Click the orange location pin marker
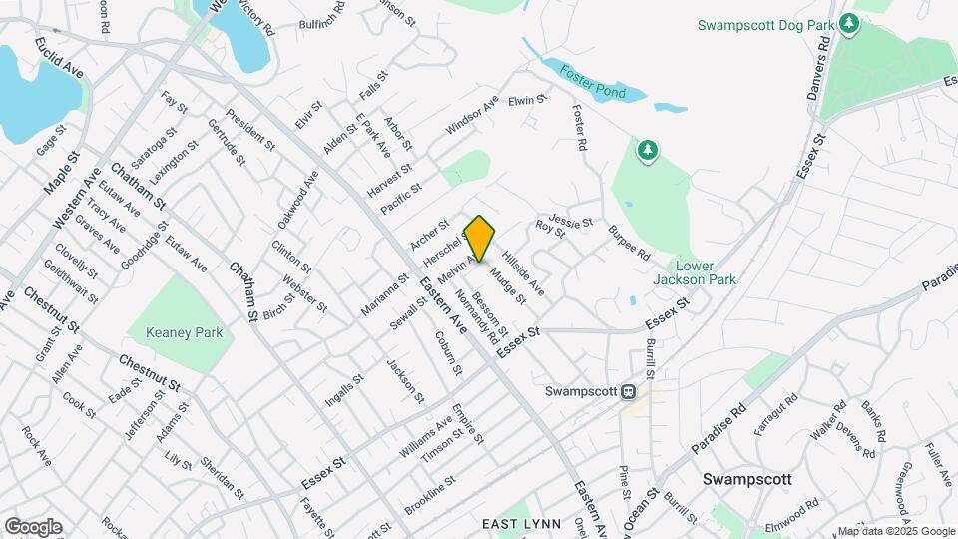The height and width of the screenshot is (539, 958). pos(480,239)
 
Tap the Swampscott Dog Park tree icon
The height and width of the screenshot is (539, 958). pos(849,22)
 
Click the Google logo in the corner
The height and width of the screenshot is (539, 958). pos(32,526)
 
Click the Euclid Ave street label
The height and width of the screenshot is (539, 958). pos(59,60)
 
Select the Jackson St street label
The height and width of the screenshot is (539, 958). pos(398,376)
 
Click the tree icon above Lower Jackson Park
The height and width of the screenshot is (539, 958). pos(649,151)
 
